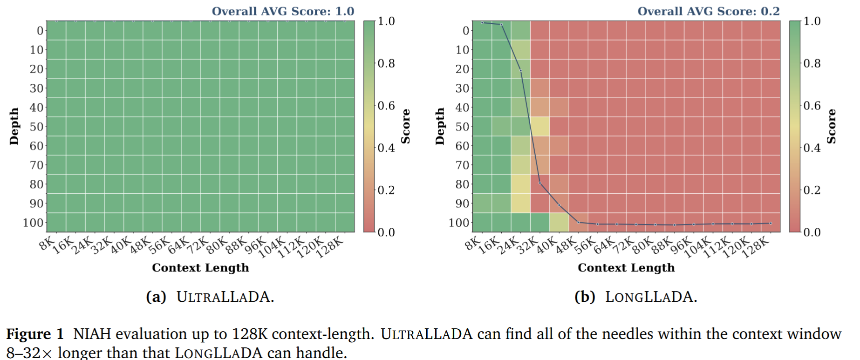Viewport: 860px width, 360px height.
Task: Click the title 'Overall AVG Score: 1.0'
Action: pos(283,11)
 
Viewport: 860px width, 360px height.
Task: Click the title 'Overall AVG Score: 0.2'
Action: pos(708,11)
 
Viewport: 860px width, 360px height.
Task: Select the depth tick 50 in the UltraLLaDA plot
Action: pos(36,127)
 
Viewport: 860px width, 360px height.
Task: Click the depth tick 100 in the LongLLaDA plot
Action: pos(459,223)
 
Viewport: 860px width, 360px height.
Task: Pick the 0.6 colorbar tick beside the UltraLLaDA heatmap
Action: pos(386,106)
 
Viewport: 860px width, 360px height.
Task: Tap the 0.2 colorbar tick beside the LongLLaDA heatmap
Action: pos(812,190)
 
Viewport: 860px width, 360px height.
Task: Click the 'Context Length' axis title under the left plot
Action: pos(200,268)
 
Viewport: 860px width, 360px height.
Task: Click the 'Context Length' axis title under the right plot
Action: pos(626,268)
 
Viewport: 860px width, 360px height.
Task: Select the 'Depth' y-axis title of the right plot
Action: pos(440,126)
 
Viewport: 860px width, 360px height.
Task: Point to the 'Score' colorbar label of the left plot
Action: pos(406,126)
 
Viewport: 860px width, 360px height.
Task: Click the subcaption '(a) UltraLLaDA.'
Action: pos(210,297)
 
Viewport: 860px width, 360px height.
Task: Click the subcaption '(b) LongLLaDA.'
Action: pos(635,297)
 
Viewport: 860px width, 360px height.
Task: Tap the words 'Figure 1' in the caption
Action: pos(35,334)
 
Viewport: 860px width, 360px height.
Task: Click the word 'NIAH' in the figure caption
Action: pos(92,334)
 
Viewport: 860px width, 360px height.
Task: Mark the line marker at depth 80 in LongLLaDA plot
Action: pos(540,183)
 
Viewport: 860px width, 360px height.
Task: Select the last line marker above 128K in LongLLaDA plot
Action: pos(771,223)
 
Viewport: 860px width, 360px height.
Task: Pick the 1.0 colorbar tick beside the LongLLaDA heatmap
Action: pos(812,21)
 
